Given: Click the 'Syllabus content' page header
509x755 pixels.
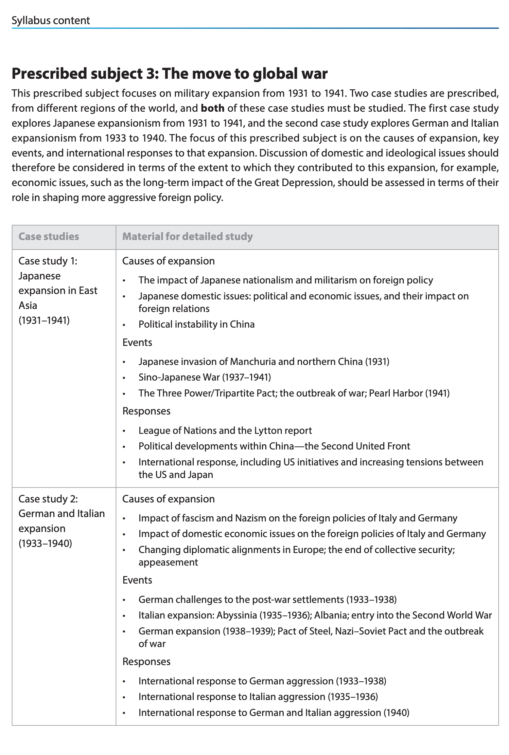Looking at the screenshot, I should pos(51,20).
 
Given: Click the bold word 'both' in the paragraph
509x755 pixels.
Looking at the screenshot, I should pos(213,108).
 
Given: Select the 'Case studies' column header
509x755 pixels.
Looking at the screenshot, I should pos(49,237).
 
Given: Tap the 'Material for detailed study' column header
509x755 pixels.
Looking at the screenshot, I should pos(187,237).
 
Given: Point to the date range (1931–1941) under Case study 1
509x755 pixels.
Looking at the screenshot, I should pos(44,320).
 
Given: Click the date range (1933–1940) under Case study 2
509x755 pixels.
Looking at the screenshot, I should pos(45,543).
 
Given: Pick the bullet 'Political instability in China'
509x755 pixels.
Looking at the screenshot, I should pos(196,324).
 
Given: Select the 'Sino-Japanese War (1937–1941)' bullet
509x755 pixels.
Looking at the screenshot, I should pos(205,377).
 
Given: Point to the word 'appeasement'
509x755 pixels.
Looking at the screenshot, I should pos(168,562).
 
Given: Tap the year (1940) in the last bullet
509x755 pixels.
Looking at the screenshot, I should pos(396,712).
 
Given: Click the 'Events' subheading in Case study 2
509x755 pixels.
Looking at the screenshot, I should pos(137,580).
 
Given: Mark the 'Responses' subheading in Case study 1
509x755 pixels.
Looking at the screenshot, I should pos(146,411).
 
